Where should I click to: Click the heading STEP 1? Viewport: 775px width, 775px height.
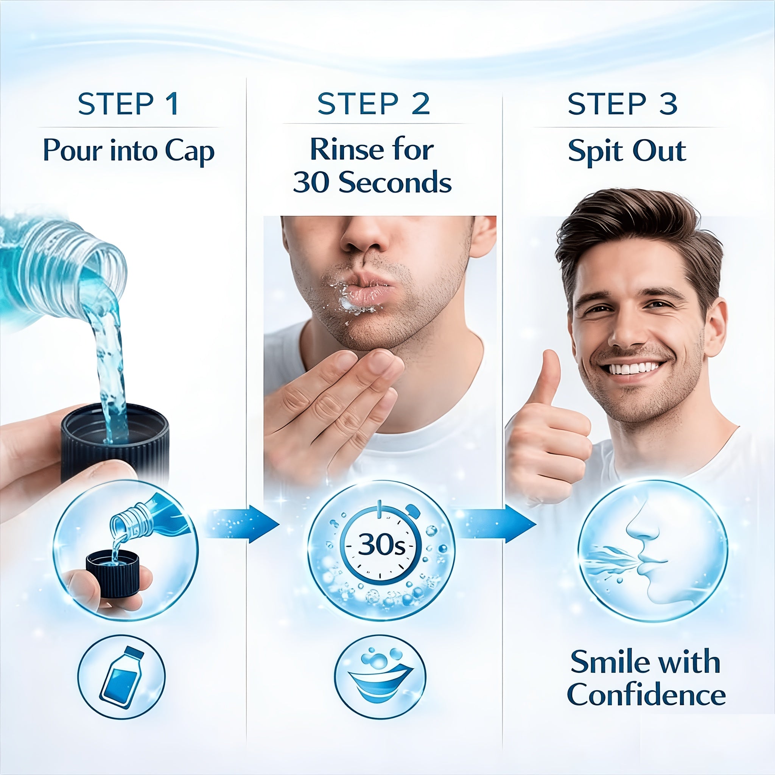coord(128,104)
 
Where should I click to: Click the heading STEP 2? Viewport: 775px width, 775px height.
coord(374,104)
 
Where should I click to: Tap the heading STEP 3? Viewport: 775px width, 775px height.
coord(622,104)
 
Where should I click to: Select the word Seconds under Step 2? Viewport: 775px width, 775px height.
coord(395,182)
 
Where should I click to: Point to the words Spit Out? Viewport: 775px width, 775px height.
coord(627,152)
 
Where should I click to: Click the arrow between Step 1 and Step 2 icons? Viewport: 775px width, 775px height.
coord(243,524)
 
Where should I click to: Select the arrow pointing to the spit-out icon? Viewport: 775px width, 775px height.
coord(496,524)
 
